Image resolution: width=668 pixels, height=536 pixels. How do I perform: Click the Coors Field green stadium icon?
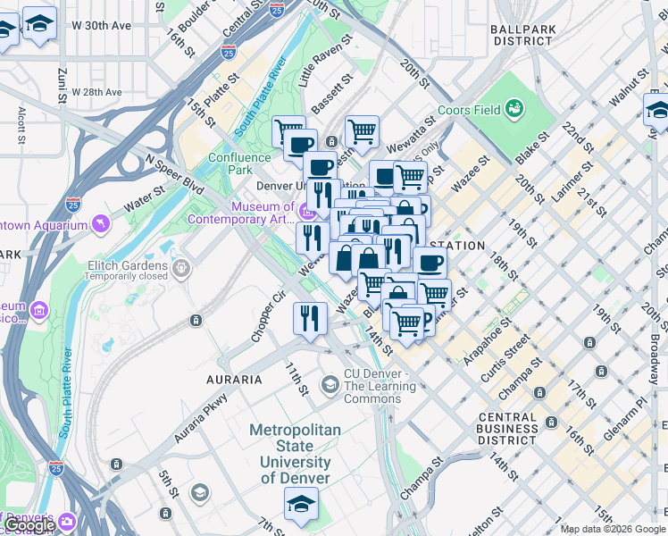(514, 109)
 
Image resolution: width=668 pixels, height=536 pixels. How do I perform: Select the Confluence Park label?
(238, 163)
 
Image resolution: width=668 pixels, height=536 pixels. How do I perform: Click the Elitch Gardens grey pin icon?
(182, 266)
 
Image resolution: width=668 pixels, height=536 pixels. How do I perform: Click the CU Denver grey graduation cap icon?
(330, 384)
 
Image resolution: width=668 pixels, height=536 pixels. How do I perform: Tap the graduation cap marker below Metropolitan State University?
(301, 505)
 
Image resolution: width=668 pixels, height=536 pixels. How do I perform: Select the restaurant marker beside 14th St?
(310, 319)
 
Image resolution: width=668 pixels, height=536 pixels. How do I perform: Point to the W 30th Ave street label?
(102, 25)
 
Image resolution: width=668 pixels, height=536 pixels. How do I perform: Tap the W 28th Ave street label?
(97, 92)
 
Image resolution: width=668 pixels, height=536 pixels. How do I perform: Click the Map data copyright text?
(613, 529)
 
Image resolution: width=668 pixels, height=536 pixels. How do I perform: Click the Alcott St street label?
(21, 126)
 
